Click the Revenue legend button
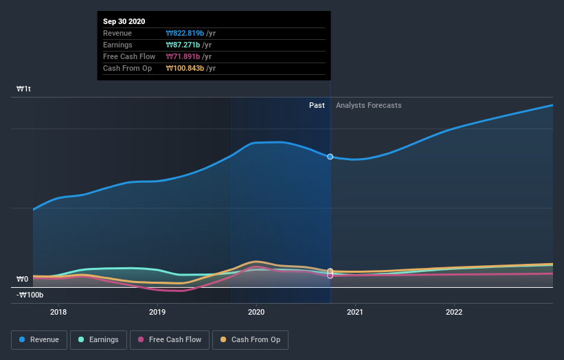click(x=39, y=339)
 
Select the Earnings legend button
click(x=99, y=339)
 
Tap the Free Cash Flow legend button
click(x=170, y=339)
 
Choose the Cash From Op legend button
click(x=251, y=339)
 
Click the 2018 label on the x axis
click(x=58, y=311)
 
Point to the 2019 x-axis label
click(x=157, y=311)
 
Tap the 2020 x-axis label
click(x=256, y=311)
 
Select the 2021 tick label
click(x=355, y=311)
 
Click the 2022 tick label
click(x=454, y=311)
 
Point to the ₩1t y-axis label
click(x=24, y=89)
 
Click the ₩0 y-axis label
click(x=23, y=279)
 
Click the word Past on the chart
click(x=317, y=105)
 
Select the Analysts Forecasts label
click(x=368, y=105)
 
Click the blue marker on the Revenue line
click(x=330, y=157)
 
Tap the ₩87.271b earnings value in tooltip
click(x=183, y=45)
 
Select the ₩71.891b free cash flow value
click(x=183, y=56)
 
